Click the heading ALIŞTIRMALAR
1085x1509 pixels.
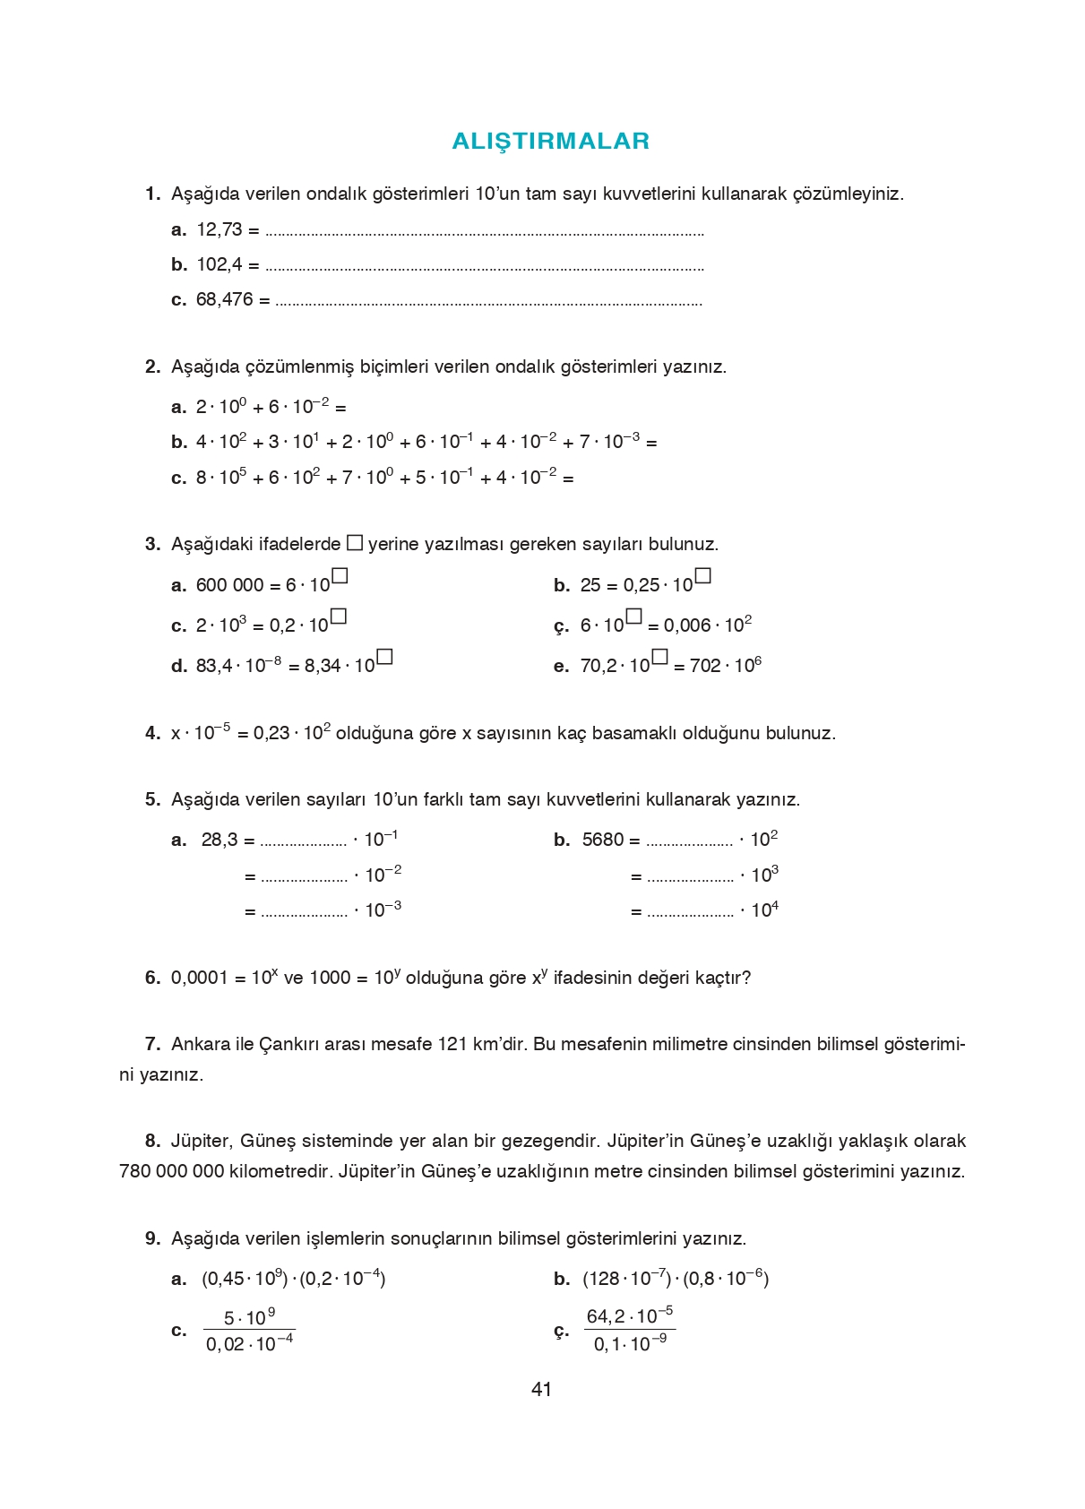[x=550, y=142]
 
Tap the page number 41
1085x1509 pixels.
[x=541, y=1389]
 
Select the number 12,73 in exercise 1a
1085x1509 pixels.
[x=220, y=229]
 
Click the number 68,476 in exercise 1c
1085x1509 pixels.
[x=224, y=299]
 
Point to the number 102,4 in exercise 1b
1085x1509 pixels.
[x=220, y=264]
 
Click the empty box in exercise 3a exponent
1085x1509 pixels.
[x=340, y=576]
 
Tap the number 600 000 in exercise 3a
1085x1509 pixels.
[x=229, y=585]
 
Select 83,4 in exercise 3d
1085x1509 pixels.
[x=213, y=666]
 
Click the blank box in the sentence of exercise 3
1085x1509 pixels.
[x=355, y=542]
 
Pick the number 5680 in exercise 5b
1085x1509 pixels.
[x=602, y=840]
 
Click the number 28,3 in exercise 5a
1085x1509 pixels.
[x=220, y=840]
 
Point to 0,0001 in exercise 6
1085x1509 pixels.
[x=200, y=978]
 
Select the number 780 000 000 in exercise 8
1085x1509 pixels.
[x=171, y=1171]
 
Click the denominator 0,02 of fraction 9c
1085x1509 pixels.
[x=225, y=1345]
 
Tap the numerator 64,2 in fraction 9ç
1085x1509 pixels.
[x=605, y=1317]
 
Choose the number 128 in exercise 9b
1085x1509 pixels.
[x=603, y=1279]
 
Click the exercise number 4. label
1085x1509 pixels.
[x=152, y=733]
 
